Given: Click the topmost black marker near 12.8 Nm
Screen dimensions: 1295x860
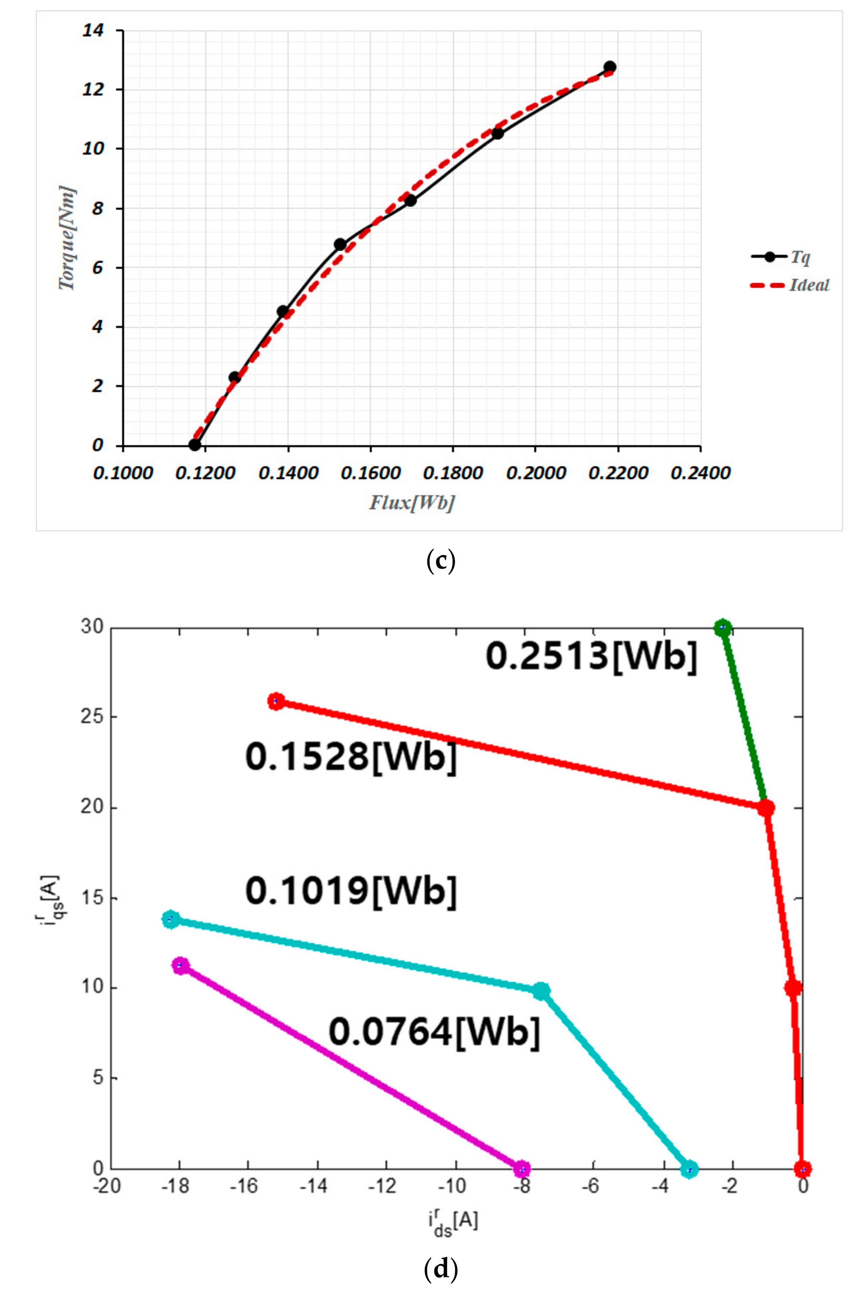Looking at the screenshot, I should pyautogui.click(x=609, y=67).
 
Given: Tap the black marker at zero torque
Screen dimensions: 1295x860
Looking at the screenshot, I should pyautogui.click(x=195, y=445).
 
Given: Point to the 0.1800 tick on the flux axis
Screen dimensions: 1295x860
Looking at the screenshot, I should pyautogui.click(x=453, y=472).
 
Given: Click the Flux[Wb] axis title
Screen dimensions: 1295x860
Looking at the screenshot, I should pyautogui.click(x=412, y=502).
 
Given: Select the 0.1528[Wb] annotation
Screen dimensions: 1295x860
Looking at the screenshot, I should pyautogui.click(x=351, y=757).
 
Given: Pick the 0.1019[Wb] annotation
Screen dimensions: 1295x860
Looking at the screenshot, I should pyautogui.click(x=351, y=890).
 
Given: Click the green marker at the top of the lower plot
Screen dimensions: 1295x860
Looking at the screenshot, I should pyautogui.click(x=723, y=628).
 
